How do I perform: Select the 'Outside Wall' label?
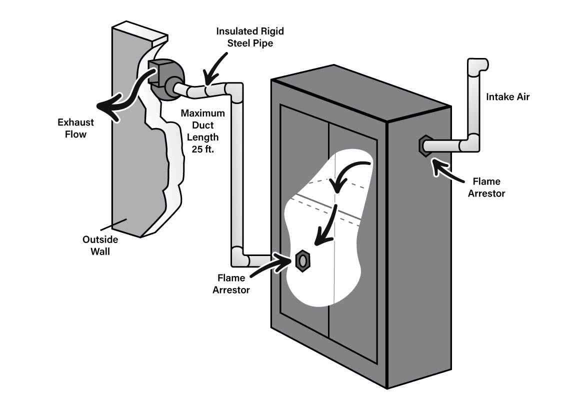click(x=100, y=245)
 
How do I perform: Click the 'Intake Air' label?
click(x=507, y=97)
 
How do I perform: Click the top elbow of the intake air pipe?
click(x=477, y=65)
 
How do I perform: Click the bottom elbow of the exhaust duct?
click(x=238, y=257)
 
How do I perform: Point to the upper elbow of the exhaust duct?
click(x=234, y=90)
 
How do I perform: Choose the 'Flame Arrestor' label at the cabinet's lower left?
click(x=230, y=283)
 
